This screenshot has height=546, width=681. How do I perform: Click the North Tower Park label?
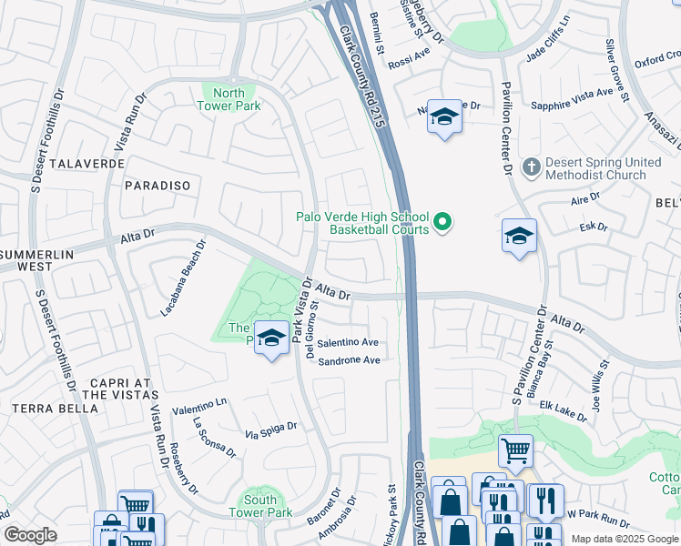229,99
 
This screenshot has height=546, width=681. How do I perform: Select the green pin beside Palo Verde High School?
443,222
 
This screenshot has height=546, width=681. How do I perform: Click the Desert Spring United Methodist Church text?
603,168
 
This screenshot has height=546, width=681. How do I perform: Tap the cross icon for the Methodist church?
532,167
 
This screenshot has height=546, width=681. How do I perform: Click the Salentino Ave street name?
347,343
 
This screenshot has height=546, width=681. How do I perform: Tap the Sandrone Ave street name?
347,360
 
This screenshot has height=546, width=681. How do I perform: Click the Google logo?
30,534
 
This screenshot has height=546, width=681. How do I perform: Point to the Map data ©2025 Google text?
624,538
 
